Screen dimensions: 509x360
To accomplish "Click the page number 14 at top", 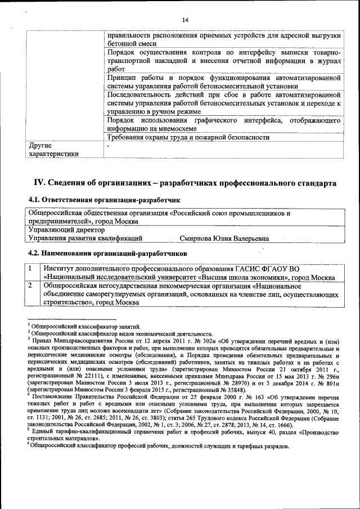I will point(184,20).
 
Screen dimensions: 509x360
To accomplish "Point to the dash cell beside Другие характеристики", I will point(108,145).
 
